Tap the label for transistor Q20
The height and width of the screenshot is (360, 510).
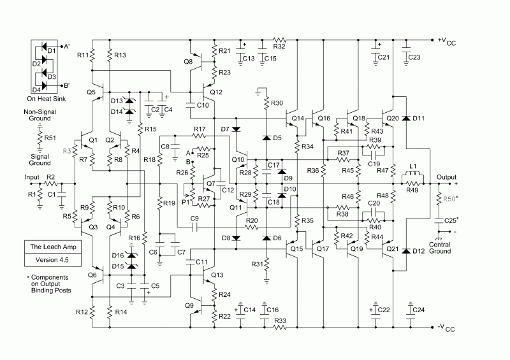click(x=393, y=119)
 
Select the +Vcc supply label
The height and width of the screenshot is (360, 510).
click(x=447, y=41)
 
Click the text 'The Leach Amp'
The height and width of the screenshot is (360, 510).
click(x=53, y=247)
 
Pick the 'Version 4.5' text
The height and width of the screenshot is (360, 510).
click(x=52, y=260)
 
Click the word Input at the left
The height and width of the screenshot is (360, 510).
click(x=32, y=177)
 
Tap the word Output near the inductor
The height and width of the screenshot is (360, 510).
click(x=446, y=177)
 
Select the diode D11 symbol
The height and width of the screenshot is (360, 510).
click(x=405, y=118)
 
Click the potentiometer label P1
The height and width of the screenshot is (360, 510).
click(x=186, y=202)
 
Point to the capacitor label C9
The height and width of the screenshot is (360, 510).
click(x=194, y=219)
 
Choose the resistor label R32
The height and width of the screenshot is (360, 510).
click(x=279, y=47)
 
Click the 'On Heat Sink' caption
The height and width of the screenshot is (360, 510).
click(x=46, y=99)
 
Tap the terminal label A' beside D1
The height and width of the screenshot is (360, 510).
click(x=67, y=47)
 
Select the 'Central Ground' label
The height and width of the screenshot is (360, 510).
click(x=440, y=248)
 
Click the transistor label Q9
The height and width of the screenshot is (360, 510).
click(x=189, y=305)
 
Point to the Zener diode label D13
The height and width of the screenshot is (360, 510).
click(x=117, y=101)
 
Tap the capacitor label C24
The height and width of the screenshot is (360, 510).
click(x=419, y=310)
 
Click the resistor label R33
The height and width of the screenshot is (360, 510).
click(x=280, y=320)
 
